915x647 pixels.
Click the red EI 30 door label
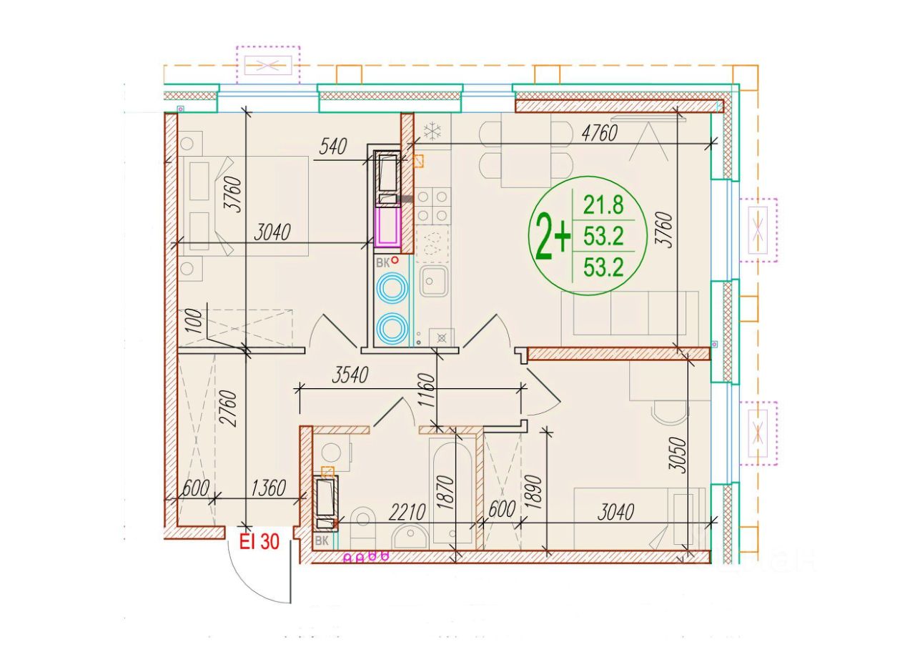pyautogui.click(x=259, y=542)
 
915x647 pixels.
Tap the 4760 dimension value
pyautogui.click(x=599, y=133)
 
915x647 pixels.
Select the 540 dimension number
pyautogui.click(x=332, y=147)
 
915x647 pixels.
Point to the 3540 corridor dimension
pyautogui.click(x=350, y=375)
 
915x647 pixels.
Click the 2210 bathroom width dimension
pyautogui.click(x=407, y=512)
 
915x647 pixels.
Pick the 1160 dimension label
pyautogui.click(x=427, y=390)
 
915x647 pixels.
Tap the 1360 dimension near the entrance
pyautogui.click(x=268, y=488)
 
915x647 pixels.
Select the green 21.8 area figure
pyautogui.click(x=603, y=205)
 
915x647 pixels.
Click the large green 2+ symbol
pyautogui.click(x=553, y=236)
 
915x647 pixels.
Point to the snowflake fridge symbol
pyautogui.click(x=432, y=131)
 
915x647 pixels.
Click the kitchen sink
pyautogui.click(x=435, y=281)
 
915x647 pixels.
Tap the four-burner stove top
pyautogui.click(x=433, y=206)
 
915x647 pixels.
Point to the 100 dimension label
pyautogui.click(x=196, y=321)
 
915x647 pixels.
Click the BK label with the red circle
pyautogui.click(x=387, y=262)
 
